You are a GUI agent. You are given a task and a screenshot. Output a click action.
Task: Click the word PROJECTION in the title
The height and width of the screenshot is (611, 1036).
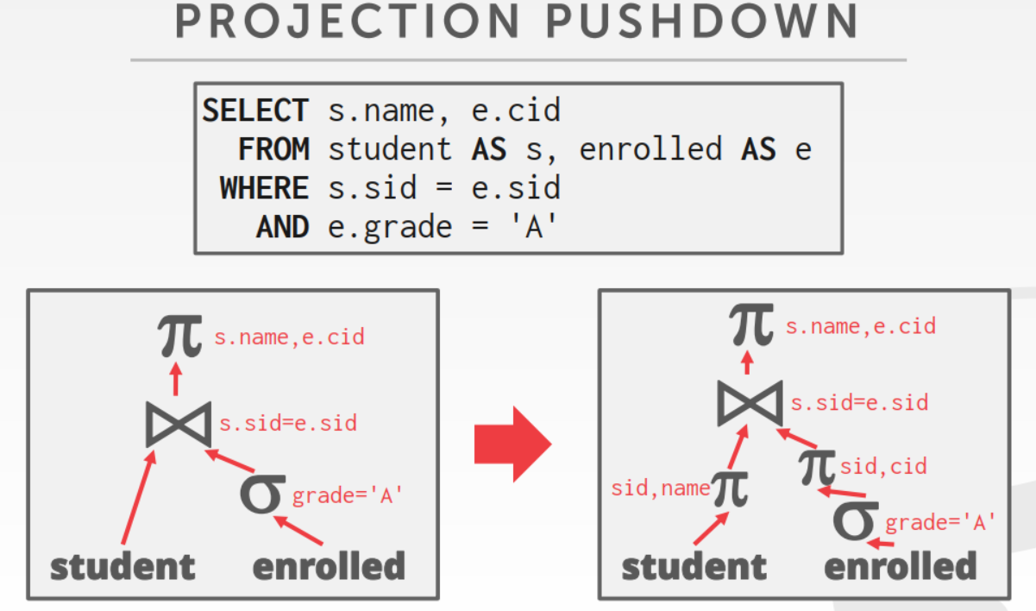click(x=348, y=21)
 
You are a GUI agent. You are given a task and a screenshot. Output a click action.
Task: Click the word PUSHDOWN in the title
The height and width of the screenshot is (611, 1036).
click(x=703, y=21)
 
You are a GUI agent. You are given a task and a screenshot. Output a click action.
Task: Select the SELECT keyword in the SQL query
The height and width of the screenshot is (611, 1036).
click(x=255, y=110)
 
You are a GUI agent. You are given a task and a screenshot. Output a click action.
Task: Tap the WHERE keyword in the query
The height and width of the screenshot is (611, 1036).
click(x=265, y=188)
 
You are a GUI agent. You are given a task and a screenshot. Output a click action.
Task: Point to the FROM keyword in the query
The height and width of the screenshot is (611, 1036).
click(x=273, y=149)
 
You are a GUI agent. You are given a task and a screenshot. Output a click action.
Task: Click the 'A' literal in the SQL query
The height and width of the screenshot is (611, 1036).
click(x=533, y=226)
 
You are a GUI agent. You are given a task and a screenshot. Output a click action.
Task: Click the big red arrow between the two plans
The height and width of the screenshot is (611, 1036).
click(x=513, y=444)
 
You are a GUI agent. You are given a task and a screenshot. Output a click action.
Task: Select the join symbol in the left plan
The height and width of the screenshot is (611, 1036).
click(x=179, y=425)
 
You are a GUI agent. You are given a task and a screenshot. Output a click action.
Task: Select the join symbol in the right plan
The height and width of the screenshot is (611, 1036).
click(x=750, y=403)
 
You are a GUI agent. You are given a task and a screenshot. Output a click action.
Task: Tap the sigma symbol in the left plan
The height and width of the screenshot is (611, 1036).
click(x=262, y=494)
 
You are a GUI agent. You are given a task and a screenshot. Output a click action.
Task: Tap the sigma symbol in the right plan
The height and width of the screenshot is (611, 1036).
click(x=856, y=520)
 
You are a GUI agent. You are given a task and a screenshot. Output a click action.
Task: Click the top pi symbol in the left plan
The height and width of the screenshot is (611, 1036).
click(x=180, y=336)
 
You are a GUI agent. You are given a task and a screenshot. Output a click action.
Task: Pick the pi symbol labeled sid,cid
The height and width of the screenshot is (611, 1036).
click(x=817, y=468)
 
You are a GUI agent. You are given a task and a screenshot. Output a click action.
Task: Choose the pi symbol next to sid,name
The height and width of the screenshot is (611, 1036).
click(x=730, y=488)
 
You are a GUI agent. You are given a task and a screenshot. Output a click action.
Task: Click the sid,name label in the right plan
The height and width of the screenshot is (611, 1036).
click(x=661, y=488)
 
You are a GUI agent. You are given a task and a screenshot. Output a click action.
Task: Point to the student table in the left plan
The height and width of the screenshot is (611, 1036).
click(x=123, y=567)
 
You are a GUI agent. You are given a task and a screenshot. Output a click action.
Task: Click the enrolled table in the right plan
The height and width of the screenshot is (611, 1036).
click(x=901, y=565)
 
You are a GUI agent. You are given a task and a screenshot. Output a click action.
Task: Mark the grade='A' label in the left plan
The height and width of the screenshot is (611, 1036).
click(x=347, y=496)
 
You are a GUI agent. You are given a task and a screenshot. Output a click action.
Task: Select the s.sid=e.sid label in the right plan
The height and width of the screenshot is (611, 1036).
click(x=859, y=403)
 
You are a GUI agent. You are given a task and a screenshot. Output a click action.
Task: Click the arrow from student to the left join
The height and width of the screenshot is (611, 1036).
click(x=138, y=498)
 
